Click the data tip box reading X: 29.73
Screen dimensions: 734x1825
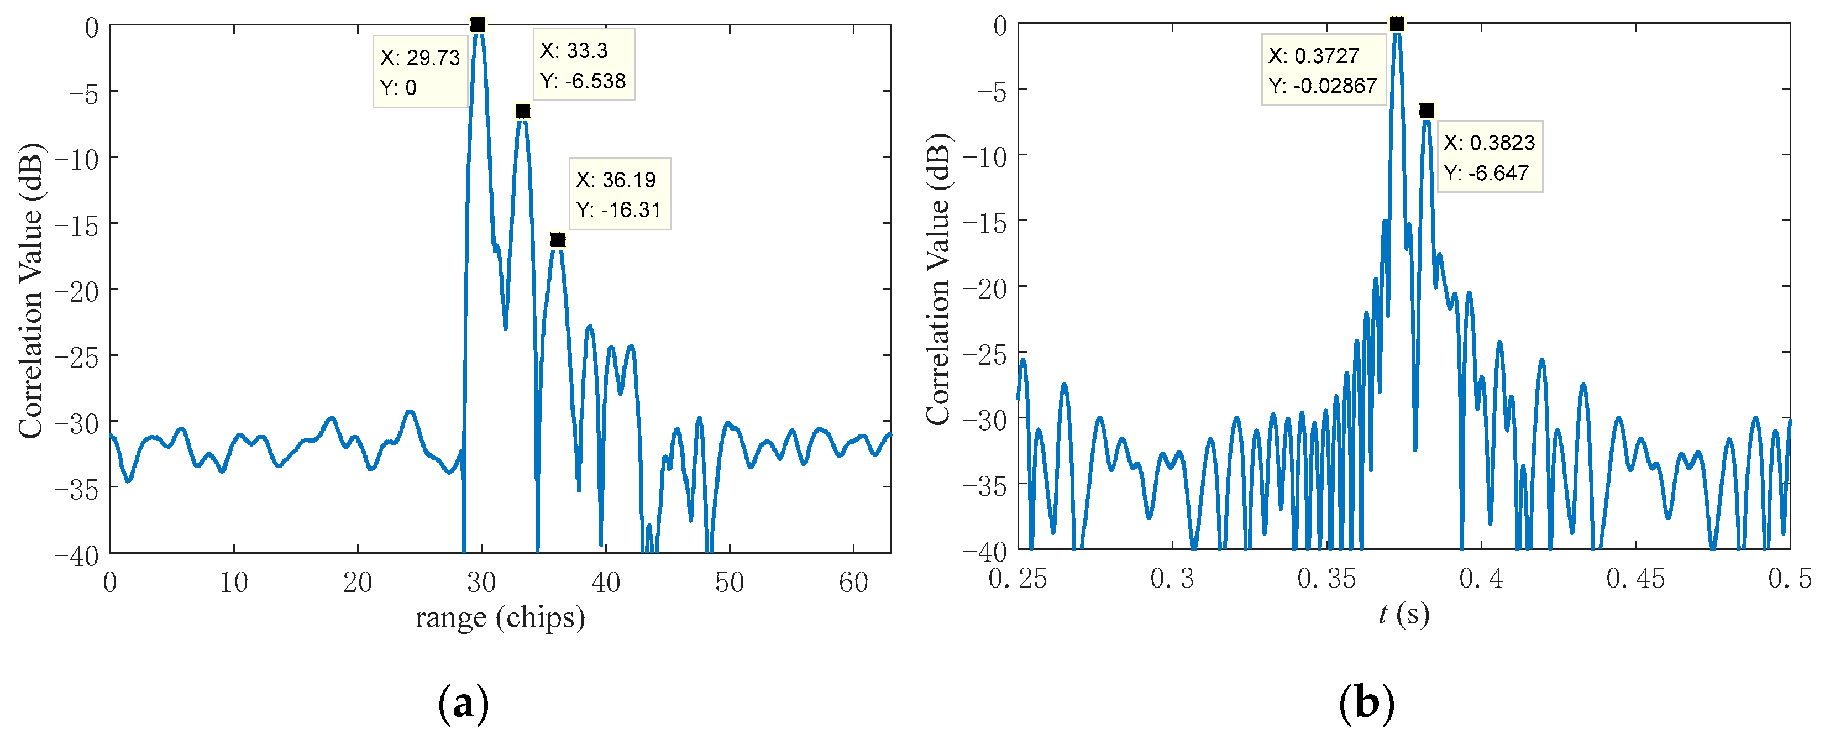[x=420, y=71]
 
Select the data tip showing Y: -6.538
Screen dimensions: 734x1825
[x=584, y=65]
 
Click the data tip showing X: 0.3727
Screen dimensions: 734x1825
[x=1323, y=70]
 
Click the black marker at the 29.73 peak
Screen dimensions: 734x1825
[x=478, y=25]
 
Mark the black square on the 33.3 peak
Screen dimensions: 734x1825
[x=523, y=111]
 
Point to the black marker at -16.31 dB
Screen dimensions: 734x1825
[x=558, y=240]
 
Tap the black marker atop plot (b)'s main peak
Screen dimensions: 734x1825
[x=1396, y=24]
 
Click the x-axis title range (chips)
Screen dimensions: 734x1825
[x=500, y=618]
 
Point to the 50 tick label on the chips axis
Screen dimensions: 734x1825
[x=729, y=583]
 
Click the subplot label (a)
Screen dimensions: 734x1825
[x=464, y=704]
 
